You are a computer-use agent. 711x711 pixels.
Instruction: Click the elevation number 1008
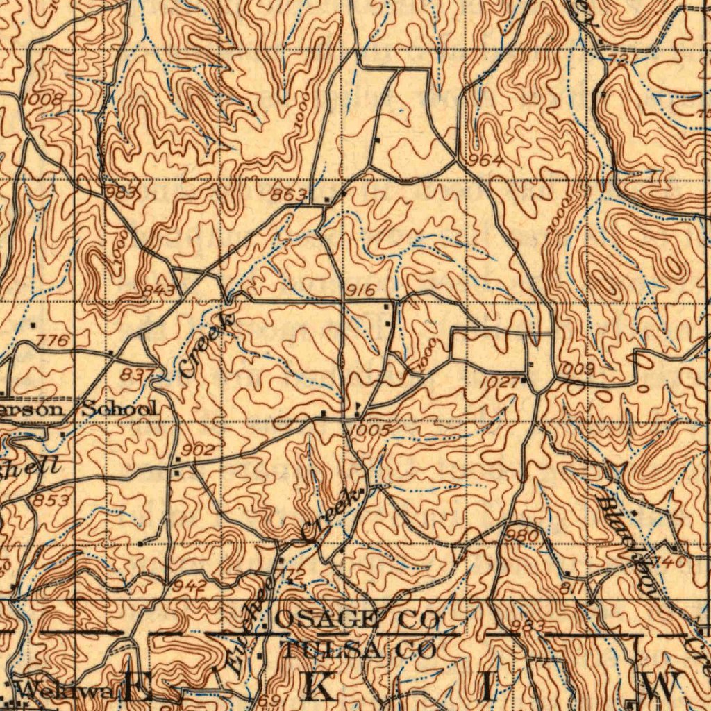(x=43, y=101)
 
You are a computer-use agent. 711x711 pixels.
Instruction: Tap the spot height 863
(x=288, y=195)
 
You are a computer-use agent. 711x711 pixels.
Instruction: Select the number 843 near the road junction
(x=160, y=290)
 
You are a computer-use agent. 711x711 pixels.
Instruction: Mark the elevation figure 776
(x=53, y=340)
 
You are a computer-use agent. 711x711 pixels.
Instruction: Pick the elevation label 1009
(x=576, y=369)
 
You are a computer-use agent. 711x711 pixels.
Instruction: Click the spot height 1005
(x=370, y=431)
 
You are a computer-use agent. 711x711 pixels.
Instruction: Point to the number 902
(x=198, y=450)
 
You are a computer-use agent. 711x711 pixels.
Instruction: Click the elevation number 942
(x=190, y=586)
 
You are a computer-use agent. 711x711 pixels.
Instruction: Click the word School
(x=120, y=408)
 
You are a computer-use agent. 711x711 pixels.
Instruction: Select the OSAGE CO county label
(x=358, y=618)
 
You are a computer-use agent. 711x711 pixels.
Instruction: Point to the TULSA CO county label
(x=359, y=651)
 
